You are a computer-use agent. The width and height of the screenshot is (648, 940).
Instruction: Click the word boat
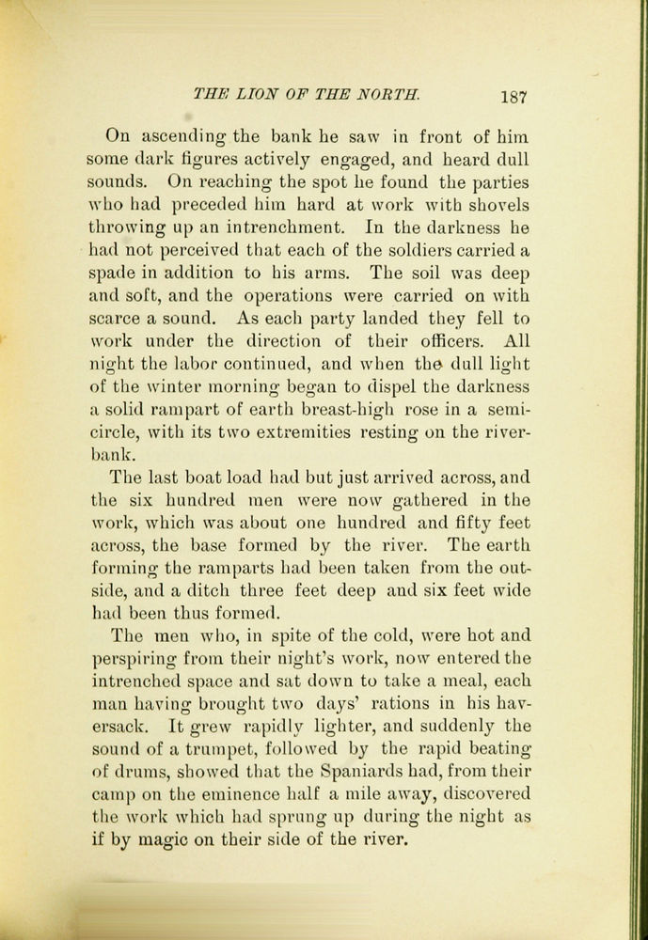[x=208, y=477]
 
